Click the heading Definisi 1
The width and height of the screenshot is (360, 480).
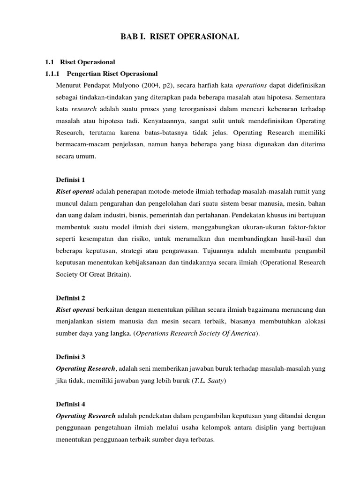(x=70, y=180)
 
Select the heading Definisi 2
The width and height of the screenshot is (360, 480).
(x=70, y=298)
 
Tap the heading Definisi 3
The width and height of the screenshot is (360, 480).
(x=70, y=357)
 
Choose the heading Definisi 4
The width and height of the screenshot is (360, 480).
(x=70, y=404)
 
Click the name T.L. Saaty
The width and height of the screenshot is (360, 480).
(x=210, y=381)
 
